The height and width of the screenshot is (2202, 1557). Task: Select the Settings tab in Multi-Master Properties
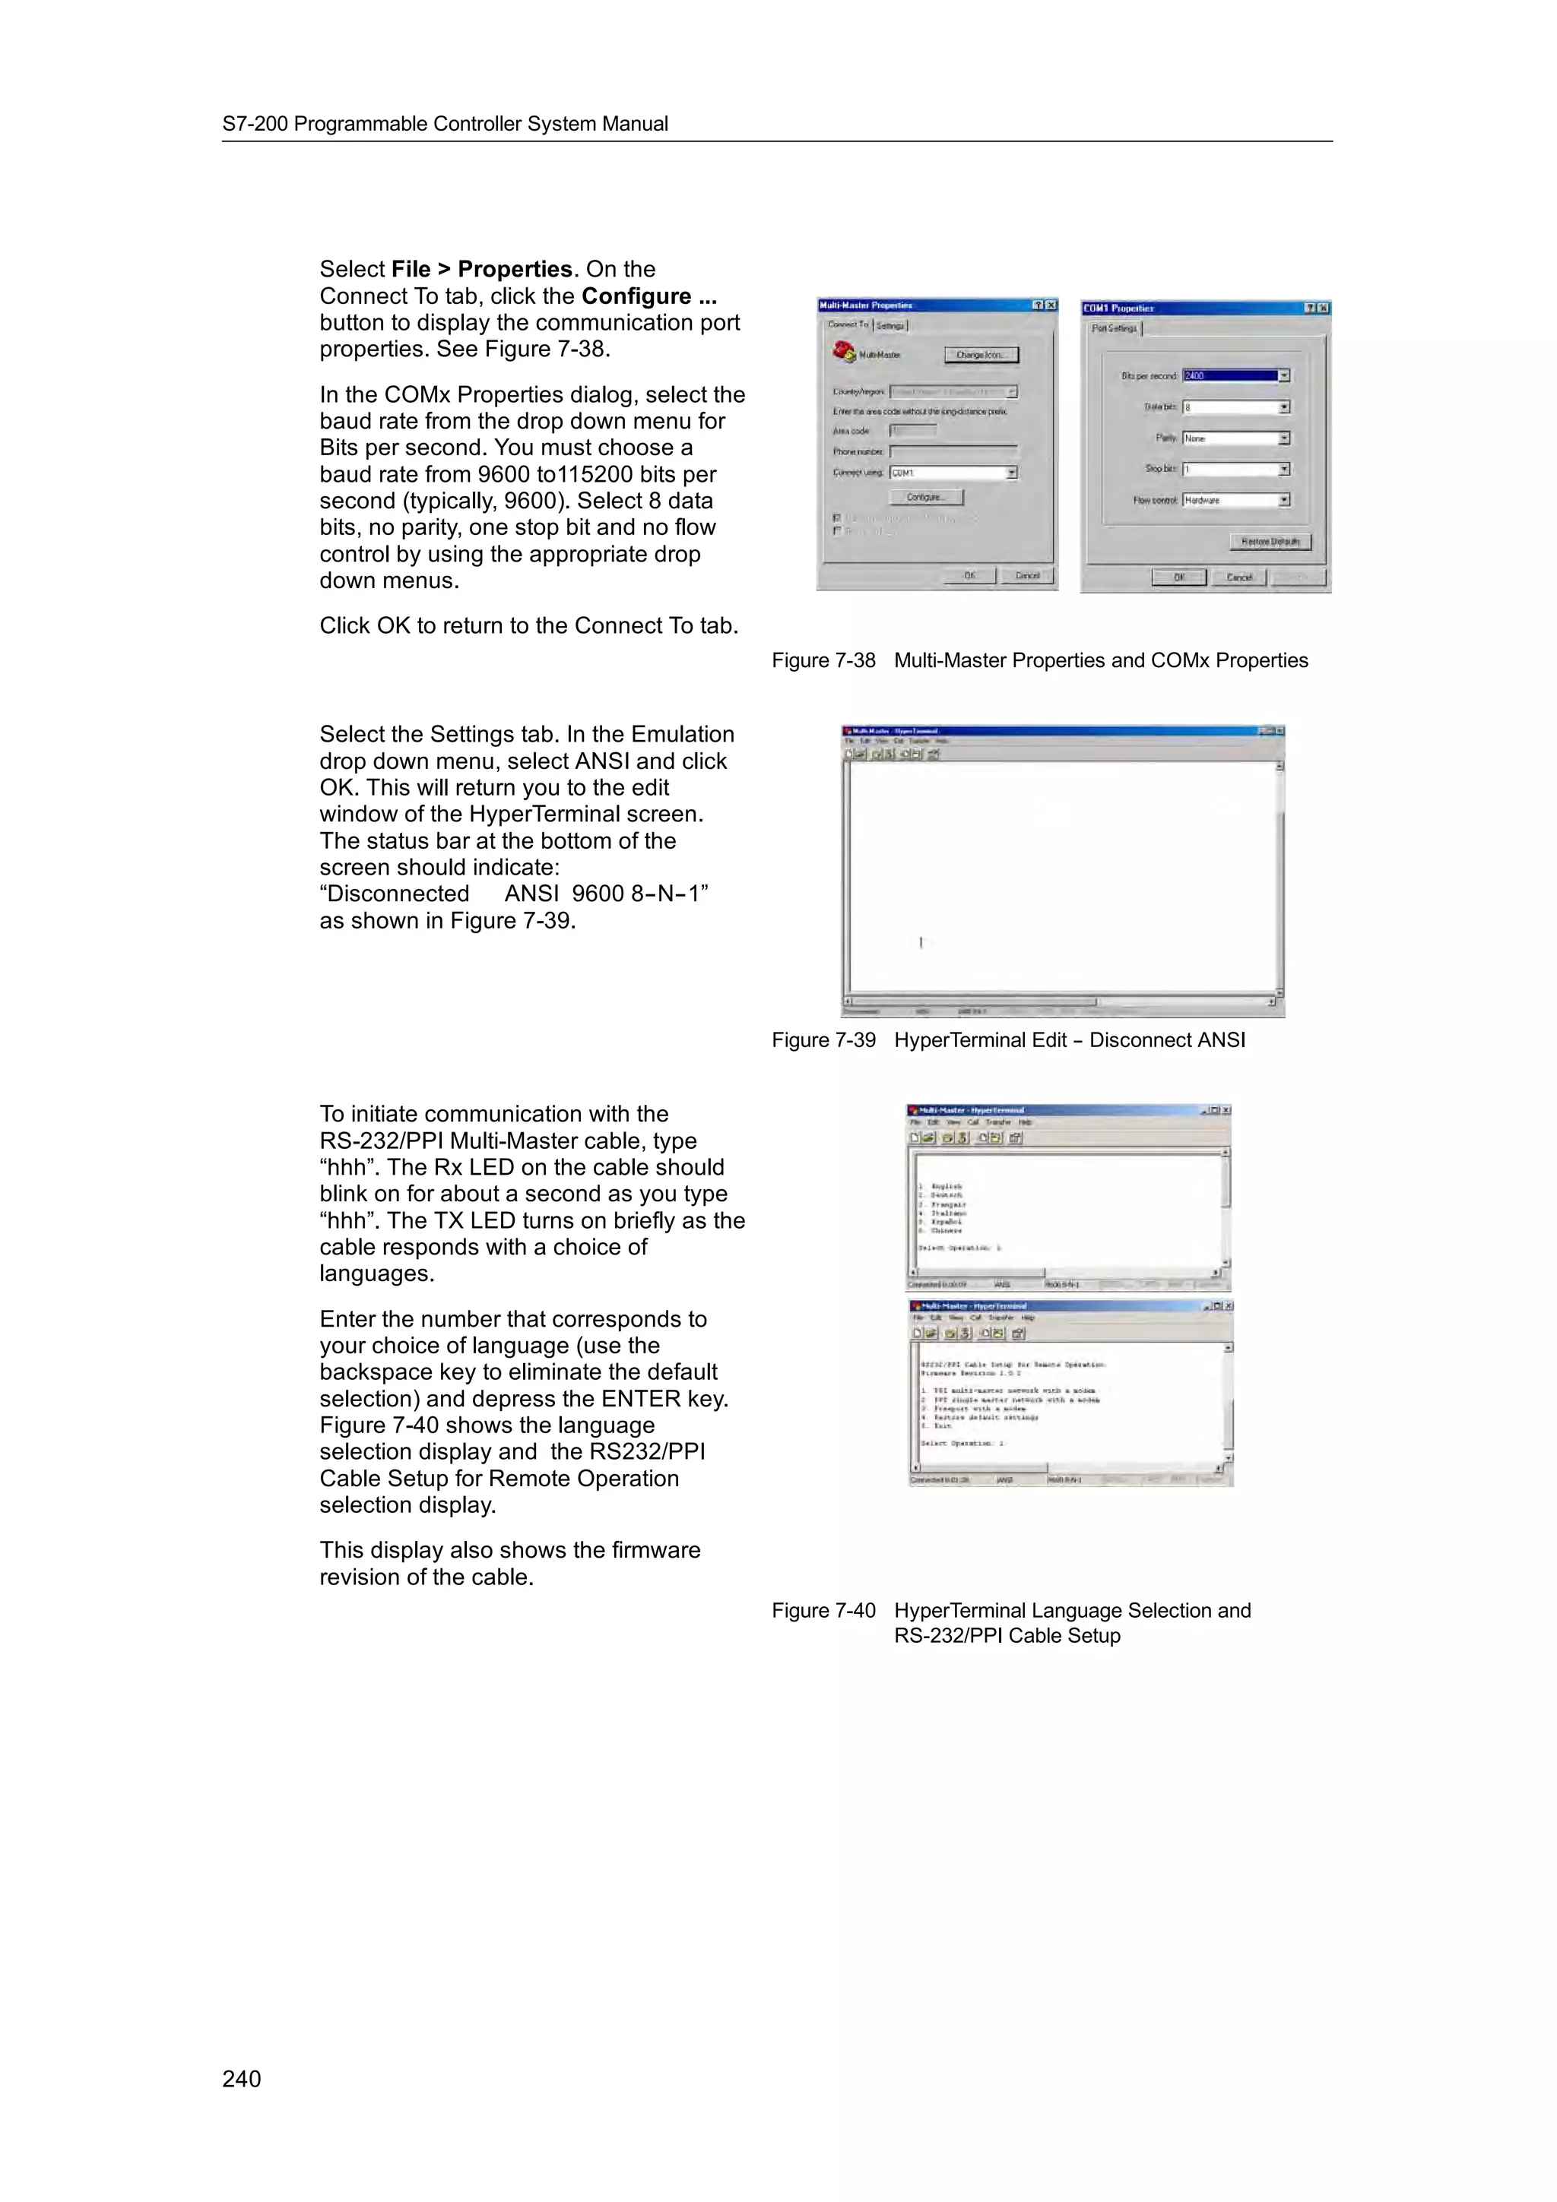[x=890, y=326]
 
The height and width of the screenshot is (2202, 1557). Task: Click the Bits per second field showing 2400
[x=1230, y=376]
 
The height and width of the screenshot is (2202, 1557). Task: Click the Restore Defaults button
[x=1269, y=542]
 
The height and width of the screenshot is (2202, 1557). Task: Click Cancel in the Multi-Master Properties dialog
[x=1026, y=575]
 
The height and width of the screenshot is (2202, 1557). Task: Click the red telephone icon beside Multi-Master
[x=844, y=353]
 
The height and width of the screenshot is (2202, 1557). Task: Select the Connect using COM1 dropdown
[x=953, y=473]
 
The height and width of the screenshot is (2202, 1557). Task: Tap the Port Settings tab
[x=1114, y=328]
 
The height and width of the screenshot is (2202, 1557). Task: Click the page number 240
[x=242, y=2078]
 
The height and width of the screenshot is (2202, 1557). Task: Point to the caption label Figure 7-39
[x=823, y=1040]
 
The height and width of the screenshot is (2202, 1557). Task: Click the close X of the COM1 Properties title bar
[x=1323, y=308]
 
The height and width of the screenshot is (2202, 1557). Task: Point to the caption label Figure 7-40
[x=823, y=1611]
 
